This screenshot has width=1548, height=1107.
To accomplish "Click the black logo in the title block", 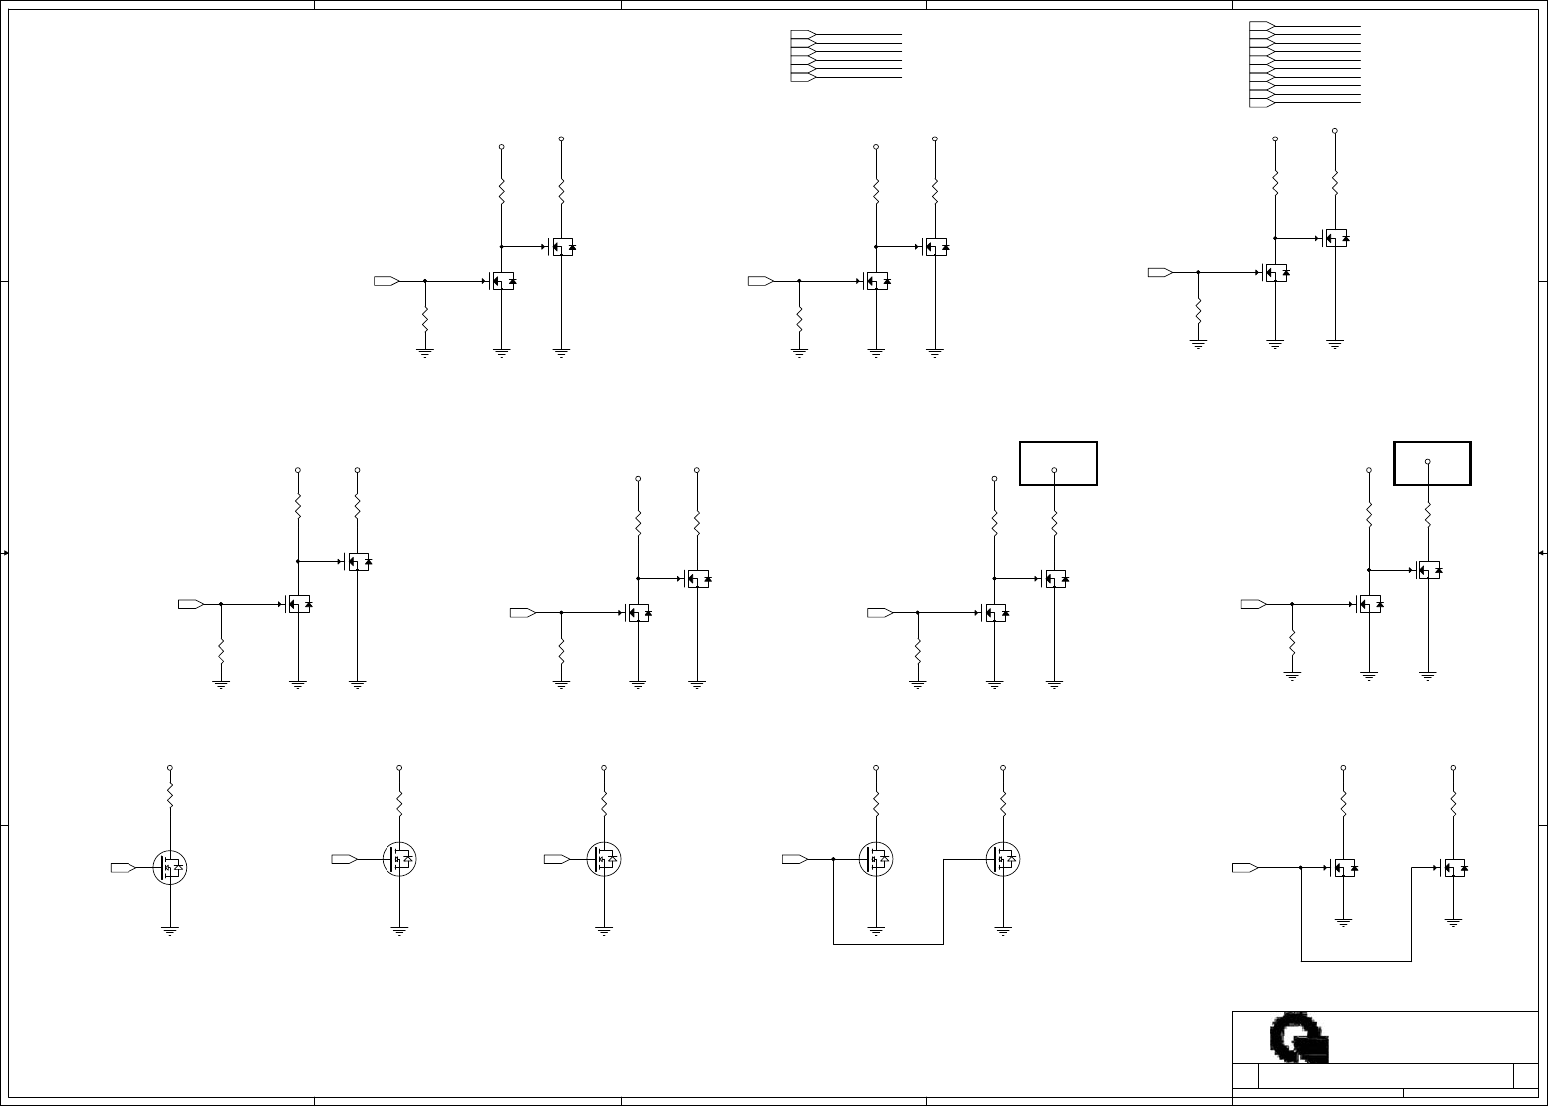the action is click(x=1299, y=1038).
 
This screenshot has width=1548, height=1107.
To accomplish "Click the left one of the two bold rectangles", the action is click(x=1058, y=463).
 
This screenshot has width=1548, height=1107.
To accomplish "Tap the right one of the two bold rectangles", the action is click(x=1431, y=463).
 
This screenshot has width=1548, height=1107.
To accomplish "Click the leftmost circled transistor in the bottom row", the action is click(x=171, y=867).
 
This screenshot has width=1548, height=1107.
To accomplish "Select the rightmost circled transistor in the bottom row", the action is click(x=1003, y=858).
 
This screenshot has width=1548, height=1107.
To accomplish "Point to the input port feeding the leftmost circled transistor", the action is click(x=124, y=867).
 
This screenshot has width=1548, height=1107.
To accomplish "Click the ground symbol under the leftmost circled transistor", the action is click(x=170, y=930).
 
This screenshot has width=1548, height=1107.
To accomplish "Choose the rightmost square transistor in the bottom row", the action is click(x=1454, y=868).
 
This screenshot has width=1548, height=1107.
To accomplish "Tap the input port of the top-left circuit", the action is click(x=387, y=281).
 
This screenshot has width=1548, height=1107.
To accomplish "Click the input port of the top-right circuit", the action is click(x=1161, y=272).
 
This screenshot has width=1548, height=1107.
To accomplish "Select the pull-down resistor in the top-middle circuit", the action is click(x=799, y=320).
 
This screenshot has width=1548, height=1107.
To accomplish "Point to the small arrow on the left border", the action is click(x=5, y=552).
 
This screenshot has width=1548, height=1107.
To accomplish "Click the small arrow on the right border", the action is click(x=1542, y=552).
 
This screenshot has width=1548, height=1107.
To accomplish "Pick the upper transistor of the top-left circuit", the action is click(x=562, y=246).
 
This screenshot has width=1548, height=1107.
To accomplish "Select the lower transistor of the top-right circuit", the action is click(x=1275, y=272).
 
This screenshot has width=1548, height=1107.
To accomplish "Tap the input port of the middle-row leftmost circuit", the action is click(x=191, y=604).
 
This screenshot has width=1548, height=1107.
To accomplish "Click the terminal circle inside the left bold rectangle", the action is click(x=1054, y=470).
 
